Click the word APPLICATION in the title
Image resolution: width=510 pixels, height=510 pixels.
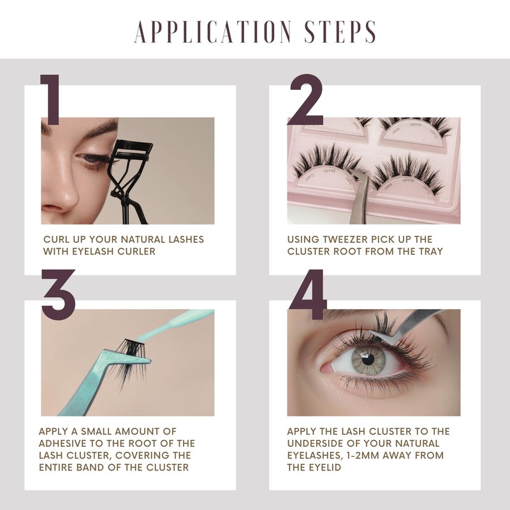(x=213, y=31)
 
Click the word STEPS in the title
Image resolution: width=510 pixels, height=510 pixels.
(x=340, y=31)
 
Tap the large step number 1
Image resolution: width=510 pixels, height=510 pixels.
(x=51, y=99)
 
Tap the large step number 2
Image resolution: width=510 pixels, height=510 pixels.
(x=306, y=99)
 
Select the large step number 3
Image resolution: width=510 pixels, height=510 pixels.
(x=59, y=295)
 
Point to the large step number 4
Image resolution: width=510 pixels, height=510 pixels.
(x=308, y=295)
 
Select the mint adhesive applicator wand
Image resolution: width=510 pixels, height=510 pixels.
(x=176, y=325)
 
